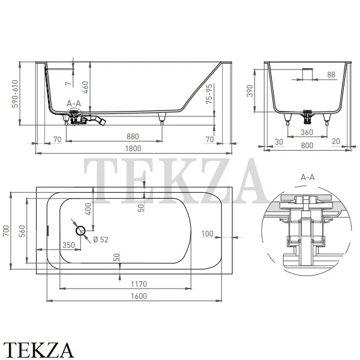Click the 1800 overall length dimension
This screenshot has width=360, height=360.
click(133, 149)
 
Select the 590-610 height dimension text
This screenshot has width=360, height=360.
click(15, 94)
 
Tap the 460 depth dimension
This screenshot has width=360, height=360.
click(85, 87)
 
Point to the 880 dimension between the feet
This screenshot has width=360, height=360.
click(133, 137)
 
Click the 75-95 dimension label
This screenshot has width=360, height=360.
click(209, 94)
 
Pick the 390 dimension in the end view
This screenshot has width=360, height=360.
click(250, 91)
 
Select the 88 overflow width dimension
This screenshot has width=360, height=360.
click(331, 74)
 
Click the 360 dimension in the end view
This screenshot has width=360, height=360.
click(307, 132)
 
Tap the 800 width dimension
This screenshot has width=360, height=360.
click(307, 145)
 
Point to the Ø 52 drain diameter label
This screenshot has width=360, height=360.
click(101, 239)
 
